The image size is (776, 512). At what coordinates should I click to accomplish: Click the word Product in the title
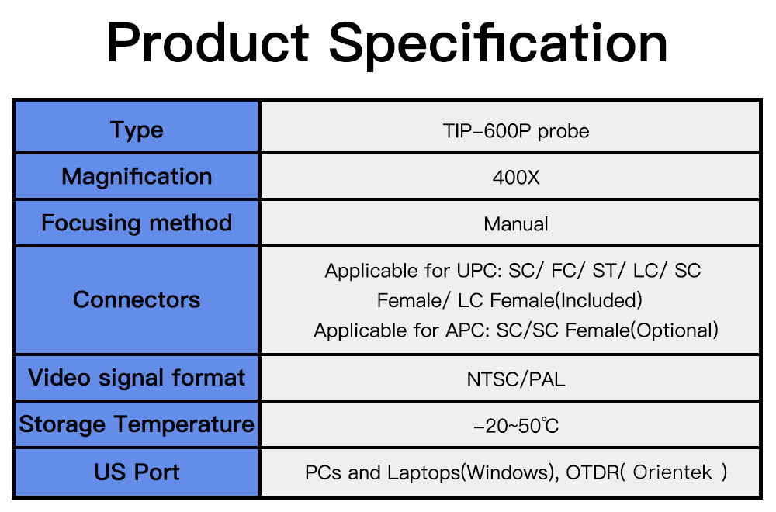208,43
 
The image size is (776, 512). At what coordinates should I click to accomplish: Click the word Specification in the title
498,45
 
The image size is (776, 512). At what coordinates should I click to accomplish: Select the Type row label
137,130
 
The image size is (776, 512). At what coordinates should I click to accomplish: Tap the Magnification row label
137,177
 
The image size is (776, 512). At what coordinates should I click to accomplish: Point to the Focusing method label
137,223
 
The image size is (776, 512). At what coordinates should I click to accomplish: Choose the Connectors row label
137,299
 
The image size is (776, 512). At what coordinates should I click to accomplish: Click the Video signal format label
137,379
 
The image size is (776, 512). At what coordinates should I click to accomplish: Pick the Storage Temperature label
137,424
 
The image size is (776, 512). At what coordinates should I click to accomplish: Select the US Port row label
137,472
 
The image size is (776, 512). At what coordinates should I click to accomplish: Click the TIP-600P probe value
516,132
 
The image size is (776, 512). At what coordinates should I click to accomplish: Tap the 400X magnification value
516,178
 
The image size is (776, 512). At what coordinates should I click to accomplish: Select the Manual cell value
516,224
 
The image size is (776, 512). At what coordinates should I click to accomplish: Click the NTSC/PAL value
516,379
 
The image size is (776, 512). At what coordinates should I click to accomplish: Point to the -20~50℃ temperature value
516,426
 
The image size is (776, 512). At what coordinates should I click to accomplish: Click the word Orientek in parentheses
672,472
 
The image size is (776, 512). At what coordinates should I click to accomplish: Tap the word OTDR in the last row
592,472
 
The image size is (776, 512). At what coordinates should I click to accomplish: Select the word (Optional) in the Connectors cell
675,330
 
